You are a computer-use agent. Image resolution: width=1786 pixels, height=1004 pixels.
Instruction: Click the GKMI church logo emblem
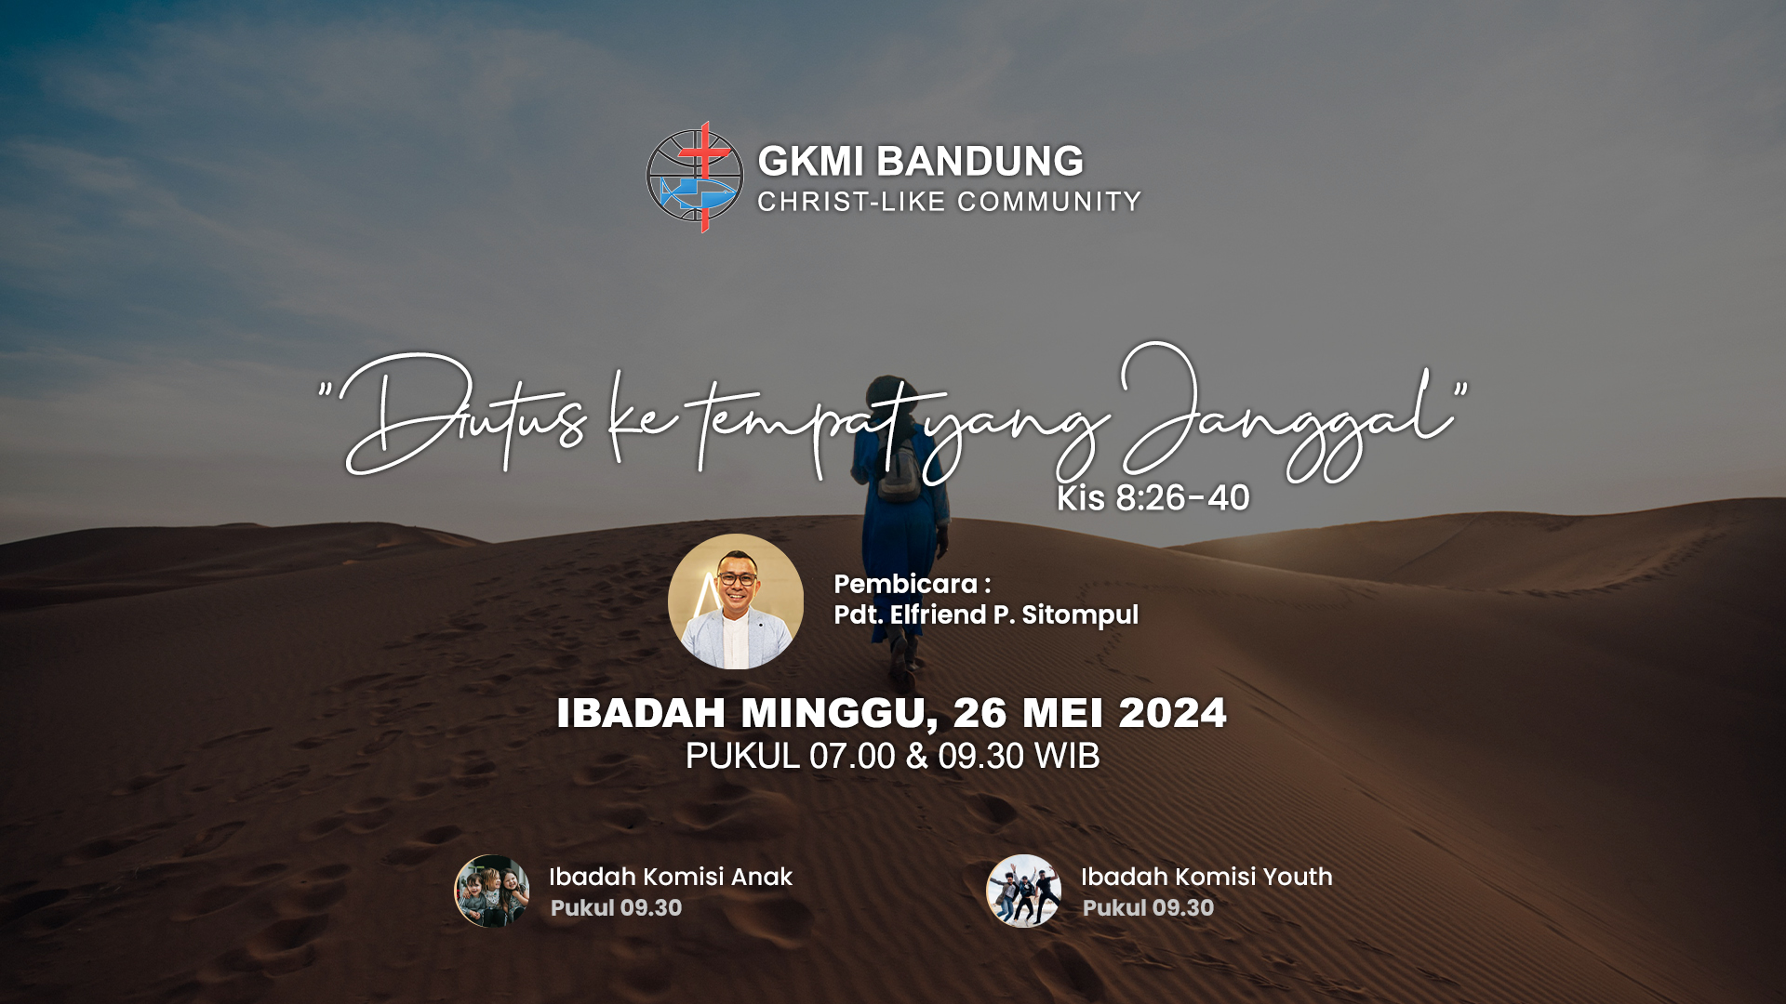pyautogui.click(x=695, y=177)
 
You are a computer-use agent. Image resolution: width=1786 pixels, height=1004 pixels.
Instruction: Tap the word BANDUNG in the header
pyautogui.click(x=980, y=162)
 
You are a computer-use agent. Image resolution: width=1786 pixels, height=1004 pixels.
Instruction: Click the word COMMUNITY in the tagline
pyautogui.click(x=1049, y=202)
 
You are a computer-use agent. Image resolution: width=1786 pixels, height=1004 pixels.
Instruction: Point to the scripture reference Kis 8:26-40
pyautogui.click(x=1153, y=498)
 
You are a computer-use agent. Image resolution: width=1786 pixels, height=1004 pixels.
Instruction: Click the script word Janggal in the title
pyautogui.click(x=1288, y=414)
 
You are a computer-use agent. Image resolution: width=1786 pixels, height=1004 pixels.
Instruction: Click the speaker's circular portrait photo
pyautogui.click(x=736, y=601)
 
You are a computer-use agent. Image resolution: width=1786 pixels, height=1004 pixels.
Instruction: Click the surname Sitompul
pyautogui.click(x=1080, y=615)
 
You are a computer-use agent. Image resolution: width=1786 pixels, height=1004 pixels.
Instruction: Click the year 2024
pyautogui.click(x=1172, y=713)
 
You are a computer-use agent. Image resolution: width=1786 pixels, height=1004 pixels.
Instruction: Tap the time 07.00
pyautogui.click(x=852, y=757)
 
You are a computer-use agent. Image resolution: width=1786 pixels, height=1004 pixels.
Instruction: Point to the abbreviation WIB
pyautogui.click(x=1067, y=757)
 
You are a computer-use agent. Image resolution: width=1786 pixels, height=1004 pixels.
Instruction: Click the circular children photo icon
pyautogui.click(x=492, y=891)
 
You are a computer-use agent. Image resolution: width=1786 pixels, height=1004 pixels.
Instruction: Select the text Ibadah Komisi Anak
pyautogui.click(x=670, y=877)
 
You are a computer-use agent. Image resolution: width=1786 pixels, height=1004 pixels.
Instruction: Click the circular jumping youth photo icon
pyautogui.click(x=1023, y=891)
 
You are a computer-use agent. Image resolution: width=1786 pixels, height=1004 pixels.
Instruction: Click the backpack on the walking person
pyautogui.click(x=898, y=469)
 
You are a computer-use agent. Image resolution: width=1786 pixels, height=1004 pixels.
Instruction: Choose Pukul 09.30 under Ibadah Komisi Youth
pyautogui.click(x=1148, y=908)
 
